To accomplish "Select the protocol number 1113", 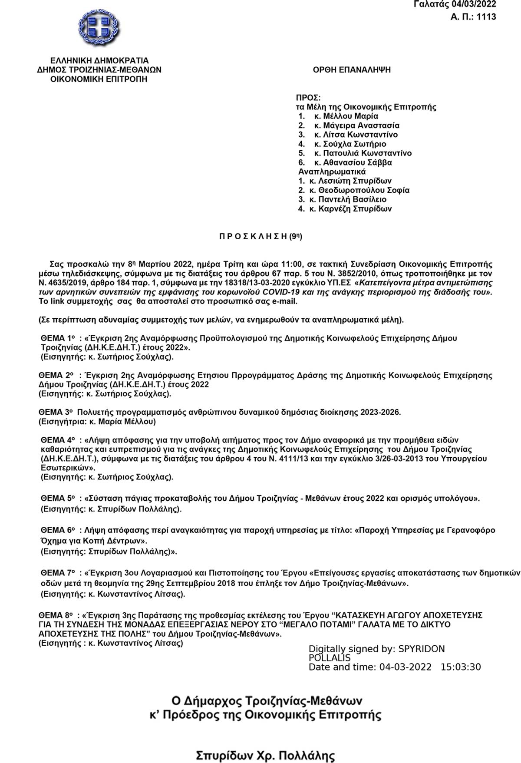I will click(x=487, y=17).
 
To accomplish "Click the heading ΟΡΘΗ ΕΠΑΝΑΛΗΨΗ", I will click(x=352, y=69).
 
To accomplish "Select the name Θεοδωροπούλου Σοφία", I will click(x=364, y=190).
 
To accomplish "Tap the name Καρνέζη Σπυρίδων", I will click(x=355, y=209).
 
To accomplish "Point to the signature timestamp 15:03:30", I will click(x=461, y=667).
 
